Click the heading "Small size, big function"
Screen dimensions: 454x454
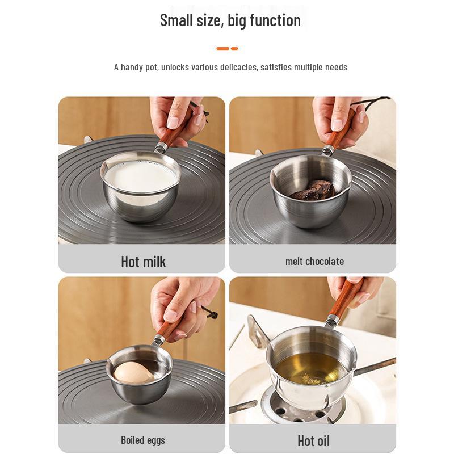click(230, 20)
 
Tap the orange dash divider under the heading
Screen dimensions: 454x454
click(226, 48)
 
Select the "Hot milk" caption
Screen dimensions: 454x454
click(143, 261)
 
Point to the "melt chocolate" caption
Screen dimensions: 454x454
click(314, 261)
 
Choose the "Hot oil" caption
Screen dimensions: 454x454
click(313, 440)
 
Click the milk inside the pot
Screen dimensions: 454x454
click(139, 176)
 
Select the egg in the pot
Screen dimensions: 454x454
click(133, 372)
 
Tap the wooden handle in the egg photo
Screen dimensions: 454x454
click(169, 326)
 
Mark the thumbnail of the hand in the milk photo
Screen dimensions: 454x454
click(172, 123)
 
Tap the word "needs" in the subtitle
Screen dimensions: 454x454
click(336, 67)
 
